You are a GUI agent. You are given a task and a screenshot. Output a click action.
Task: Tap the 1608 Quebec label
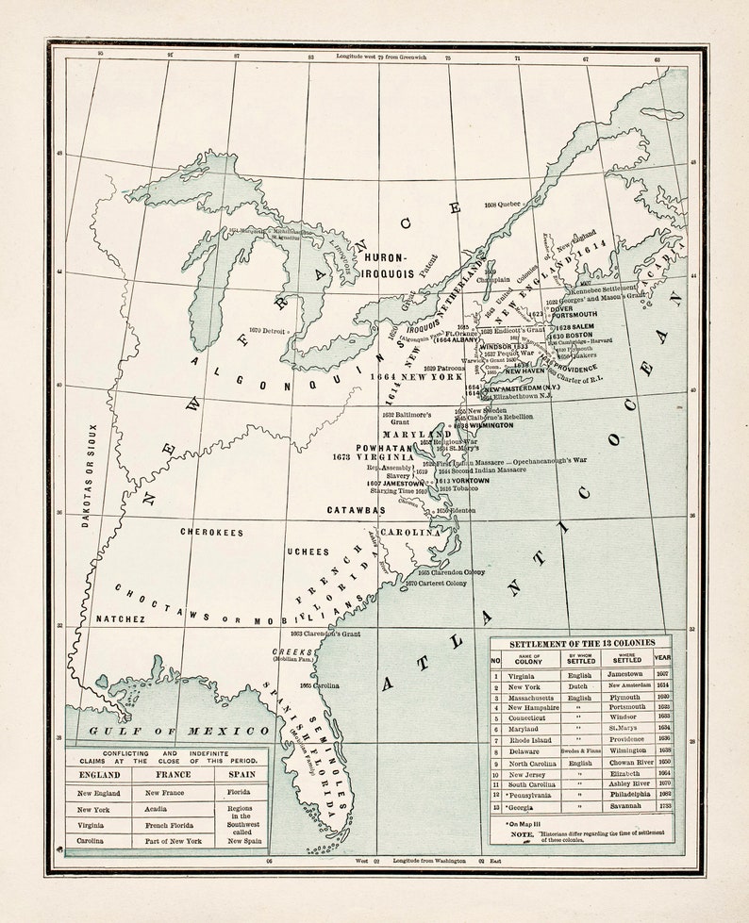point(502,204)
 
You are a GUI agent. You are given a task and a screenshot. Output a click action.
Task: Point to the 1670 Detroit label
point(269,330)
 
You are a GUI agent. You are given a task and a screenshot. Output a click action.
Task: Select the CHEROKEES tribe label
point(211,532)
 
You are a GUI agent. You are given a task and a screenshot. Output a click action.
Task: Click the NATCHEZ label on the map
point(120,619)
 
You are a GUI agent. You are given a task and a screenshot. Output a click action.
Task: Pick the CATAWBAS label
point(356,510)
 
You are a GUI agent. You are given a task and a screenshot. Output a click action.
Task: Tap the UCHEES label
point(308,552)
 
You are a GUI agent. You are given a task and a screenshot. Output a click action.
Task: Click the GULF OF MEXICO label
point(178,731)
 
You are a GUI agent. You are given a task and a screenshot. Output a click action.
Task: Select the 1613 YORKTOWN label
point(462,481)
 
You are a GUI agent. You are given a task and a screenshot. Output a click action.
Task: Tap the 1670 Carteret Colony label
point(435,584)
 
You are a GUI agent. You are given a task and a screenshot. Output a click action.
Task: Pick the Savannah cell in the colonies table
point(626,807)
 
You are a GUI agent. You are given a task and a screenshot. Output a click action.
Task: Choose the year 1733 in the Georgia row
point(663,807)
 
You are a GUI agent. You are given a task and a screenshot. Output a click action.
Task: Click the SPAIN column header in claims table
point(239,773)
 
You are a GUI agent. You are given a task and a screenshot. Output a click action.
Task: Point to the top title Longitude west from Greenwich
point(381,57)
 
